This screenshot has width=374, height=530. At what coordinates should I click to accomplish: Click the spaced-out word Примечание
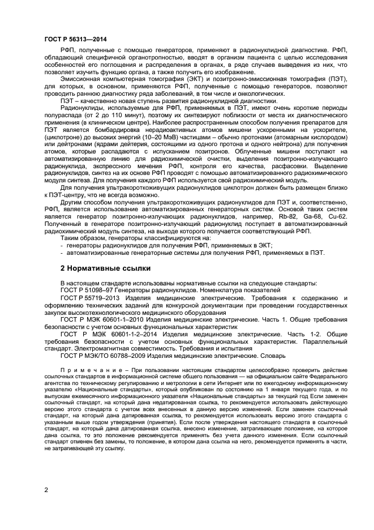point(85,374)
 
